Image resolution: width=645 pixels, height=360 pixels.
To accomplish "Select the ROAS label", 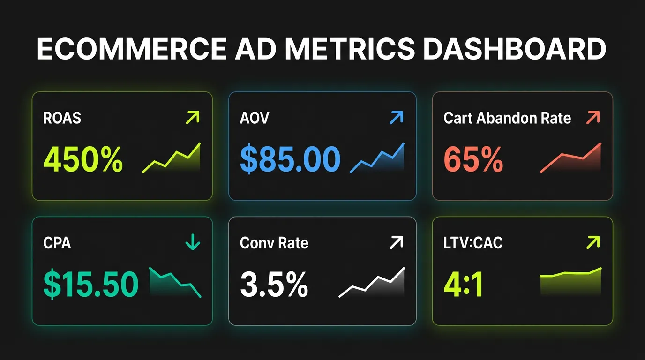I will point(62,118).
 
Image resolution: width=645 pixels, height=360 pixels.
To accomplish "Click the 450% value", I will point(83,159).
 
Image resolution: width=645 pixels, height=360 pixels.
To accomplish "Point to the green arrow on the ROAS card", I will point(193,117).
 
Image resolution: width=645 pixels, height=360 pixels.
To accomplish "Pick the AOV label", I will point(255,118).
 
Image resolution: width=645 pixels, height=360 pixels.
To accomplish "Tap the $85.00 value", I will point(290,159).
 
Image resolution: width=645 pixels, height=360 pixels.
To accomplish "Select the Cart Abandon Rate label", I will point(507,118).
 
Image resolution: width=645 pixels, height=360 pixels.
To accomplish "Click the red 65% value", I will point(473,159).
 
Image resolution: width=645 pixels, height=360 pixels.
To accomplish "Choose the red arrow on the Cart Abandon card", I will point(593,118).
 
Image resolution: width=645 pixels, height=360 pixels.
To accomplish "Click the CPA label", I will point(57,243).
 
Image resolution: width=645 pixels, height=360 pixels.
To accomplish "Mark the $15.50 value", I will point(91,284).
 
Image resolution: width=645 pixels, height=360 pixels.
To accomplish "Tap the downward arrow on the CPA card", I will point(193,243).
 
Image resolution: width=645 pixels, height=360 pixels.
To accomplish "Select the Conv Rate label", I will point(274,243).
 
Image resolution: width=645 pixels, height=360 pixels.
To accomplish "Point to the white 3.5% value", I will point(274,284).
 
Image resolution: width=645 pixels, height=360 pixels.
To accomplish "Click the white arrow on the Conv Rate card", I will point(396,243).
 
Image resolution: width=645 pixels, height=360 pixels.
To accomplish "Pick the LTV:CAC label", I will point(473,243).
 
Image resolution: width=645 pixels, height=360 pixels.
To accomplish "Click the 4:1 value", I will point(463,284).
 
